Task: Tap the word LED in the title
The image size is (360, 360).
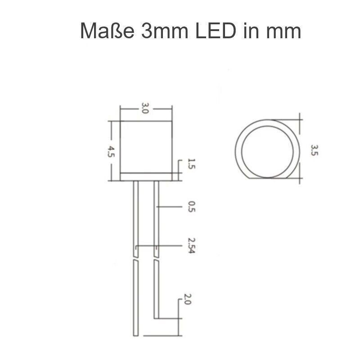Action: point(221,31)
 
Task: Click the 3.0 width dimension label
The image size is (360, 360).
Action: point(145,108)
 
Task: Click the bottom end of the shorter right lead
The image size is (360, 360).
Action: point(156,316)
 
